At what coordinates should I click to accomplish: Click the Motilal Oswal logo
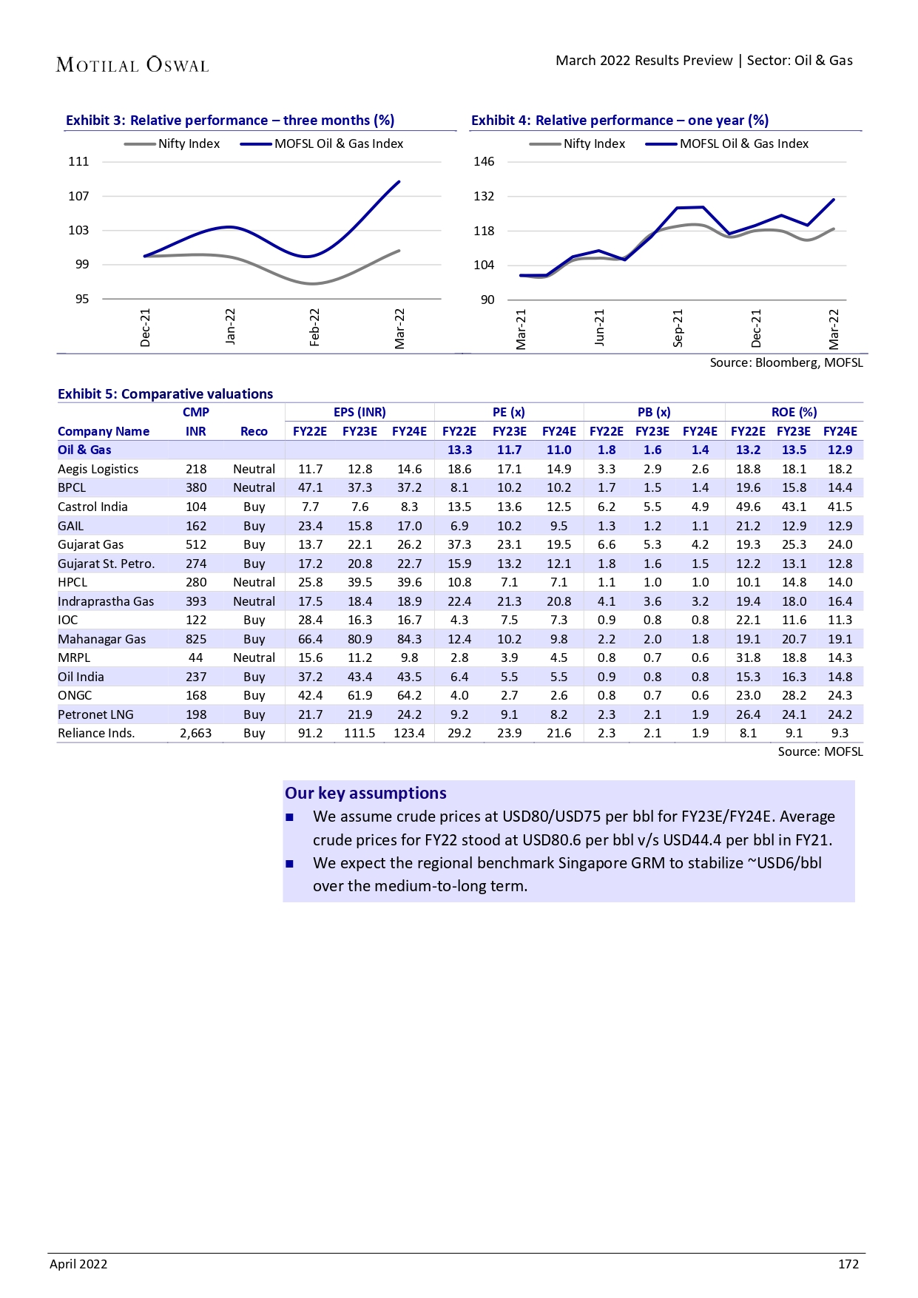pyautogui.click(x=132, y=65)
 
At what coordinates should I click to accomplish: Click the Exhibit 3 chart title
pyautogui.click(x=230, y=121)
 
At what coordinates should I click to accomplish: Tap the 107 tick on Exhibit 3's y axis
pyautogui.click(x=78, y=196)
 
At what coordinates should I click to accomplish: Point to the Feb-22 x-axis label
pyautogui.click(x=314, y=327)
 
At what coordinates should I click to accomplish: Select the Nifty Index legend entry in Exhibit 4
pyautogui.click(x=578, y=143)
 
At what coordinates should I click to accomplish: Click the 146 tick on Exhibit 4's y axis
pyautogui.click(x=484, y=161)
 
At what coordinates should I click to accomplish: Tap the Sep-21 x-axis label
pyautogui.click(x=678, y=328)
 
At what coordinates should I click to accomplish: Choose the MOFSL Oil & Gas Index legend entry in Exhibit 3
pyautogui.click(x=323, y=143)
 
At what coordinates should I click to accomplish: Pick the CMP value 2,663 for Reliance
pyautogui.click(x=196, y=733)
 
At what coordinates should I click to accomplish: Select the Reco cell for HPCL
pyautogui.click(x=254, y=582)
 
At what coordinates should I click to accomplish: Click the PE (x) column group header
pyautogui.click(x=509, y=412)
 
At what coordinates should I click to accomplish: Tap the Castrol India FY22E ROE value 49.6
pyautogui.click(x=748, y=507)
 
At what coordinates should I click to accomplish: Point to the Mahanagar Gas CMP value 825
pyautogui.click(x=196, y=639)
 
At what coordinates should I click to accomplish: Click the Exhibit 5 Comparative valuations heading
pyautogui.click(x=166, y=394)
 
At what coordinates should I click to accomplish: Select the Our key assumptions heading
pyautogui.click(x=365, y=793)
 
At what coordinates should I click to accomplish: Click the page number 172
pyautogui.click(x=848, y=1264)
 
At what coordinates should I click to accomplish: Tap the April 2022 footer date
pyautogui.click(x=78, y=1264)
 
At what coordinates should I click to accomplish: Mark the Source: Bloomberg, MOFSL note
pyautogui.click(x=786, y=362)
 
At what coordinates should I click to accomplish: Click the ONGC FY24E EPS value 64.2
pyautogui.click(x=409, y=695)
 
